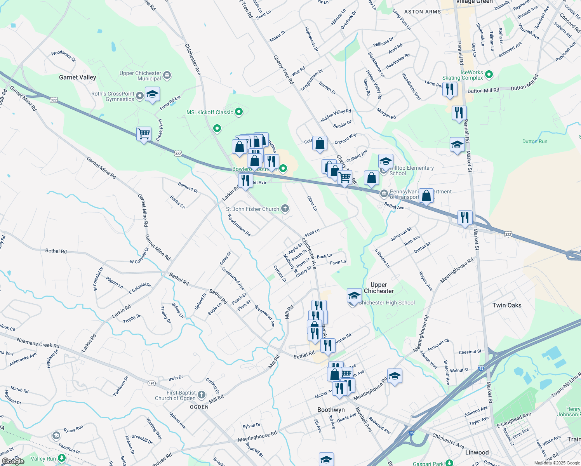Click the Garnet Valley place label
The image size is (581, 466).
coord(77,77)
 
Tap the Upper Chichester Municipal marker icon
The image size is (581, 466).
coord(167,75)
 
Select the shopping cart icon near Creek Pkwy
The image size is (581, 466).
coord(144,134)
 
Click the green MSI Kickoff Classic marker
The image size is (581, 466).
coord(239,112)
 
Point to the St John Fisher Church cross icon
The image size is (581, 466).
coord(285,209)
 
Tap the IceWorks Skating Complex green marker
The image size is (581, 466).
coord(489,74)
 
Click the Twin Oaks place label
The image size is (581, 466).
coord(507,305)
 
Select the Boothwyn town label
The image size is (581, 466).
coord(331,410)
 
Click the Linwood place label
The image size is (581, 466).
coord(477,452)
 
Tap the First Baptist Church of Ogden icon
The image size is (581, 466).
coord(201,395)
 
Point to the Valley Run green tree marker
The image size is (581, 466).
coord(61,458)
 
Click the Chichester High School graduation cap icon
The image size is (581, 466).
coord(354,296)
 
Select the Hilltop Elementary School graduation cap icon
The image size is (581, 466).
coord(386,161)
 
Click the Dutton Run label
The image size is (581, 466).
coord(535,141)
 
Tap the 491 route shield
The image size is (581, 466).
coord(151,383)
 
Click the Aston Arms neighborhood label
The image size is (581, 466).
coord(423,12)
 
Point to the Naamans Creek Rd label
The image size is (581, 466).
coord(38,343)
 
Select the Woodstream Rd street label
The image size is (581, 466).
coord(239,225)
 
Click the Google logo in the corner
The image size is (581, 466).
coord(13,461)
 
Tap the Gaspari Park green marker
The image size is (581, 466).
coord(449,463)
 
